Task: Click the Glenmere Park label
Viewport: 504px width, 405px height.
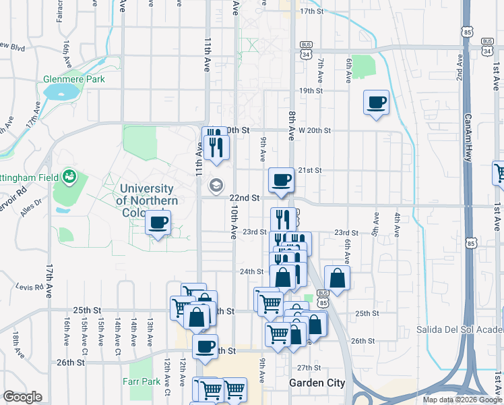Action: click(74, 79)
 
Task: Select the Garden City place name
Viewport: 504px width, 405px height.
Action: click(317, 383)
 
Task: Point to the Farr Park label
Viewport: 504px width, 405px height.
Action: click(141, 381)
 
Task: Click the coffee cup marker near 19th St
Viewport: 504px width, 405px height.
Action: click(376, 103)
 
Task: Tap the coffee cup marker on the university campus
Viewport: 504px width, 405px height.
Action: click(158, 223)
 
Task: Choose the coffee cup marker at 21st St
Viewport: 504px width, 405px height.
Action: click(281, 180)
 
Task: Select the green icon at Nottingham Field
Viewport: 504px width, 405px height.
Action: click(68, 178)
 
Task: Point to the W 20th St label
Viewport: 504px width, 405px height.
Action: click(315, 130)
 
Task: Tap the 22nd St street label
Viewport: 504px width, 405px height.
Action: click(245, 198)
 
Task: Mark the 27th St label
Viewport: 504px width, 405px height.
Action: click(309, 367)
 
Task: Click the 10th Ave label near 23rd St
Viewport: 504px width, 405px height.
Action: click(234, 223)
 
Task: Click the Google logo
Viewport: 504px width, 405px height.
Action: click(22, 397)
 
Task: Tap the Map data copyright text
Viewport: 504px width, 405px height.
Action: click(462, 400)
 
